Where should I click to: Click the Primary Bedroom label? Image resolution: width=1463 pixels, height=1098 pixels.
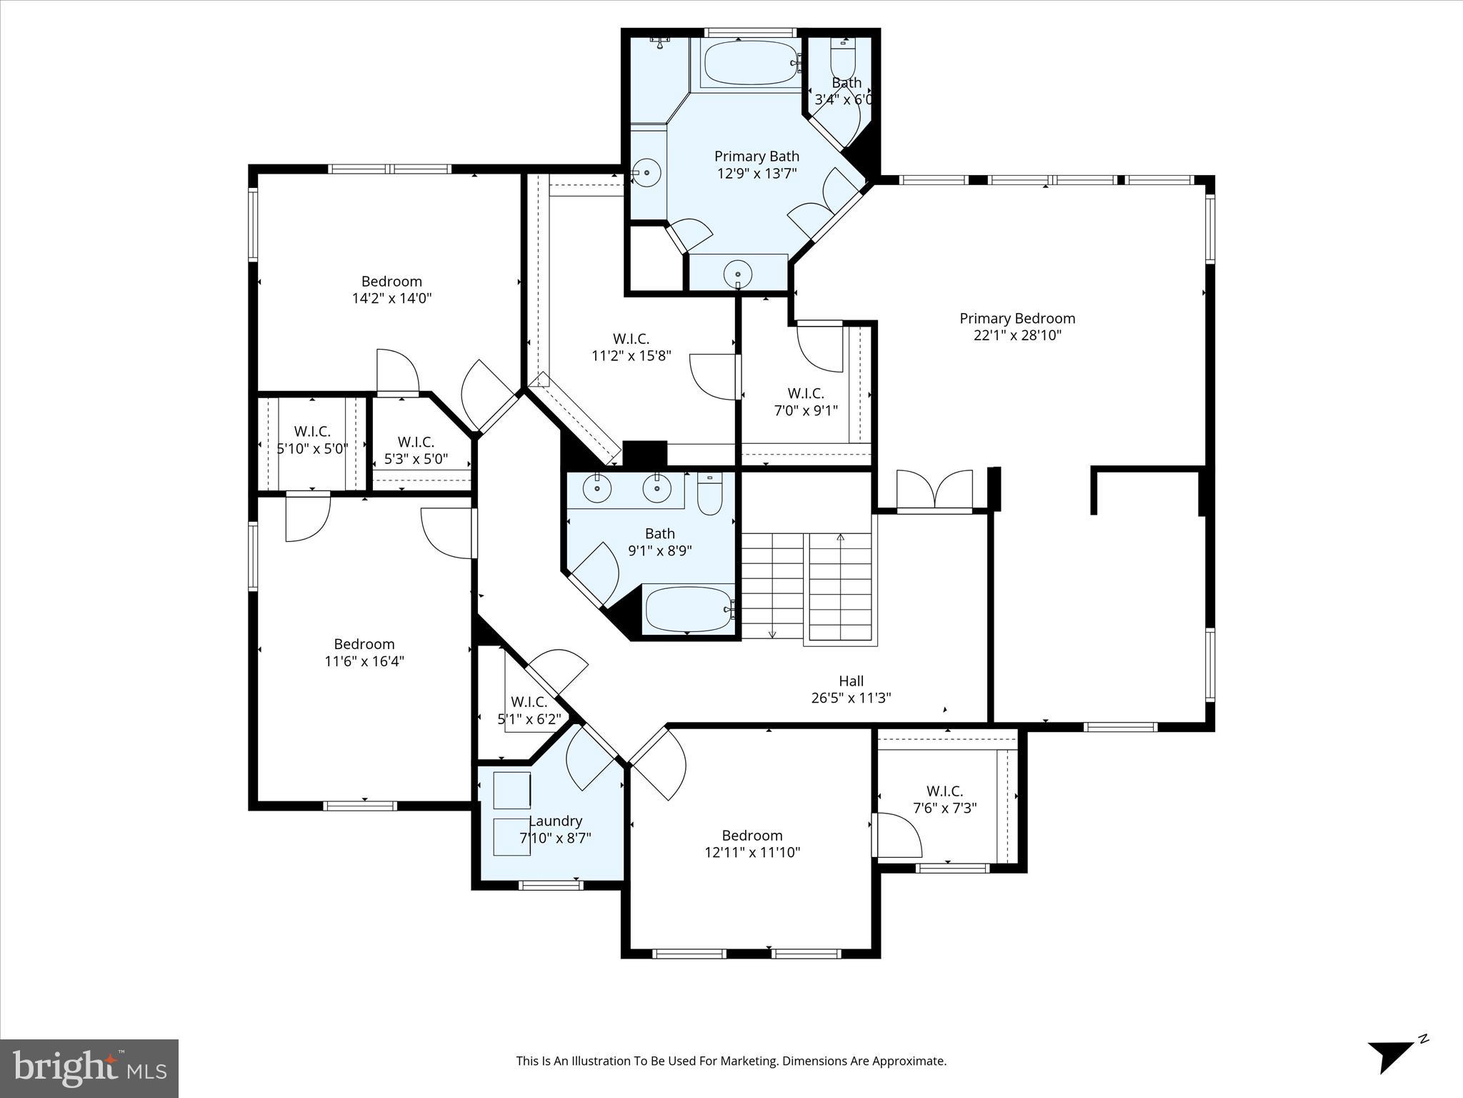coord(1017,319)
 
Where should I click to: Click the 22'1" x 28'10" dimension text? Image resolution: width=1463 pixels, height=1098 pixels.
coord(1017,336)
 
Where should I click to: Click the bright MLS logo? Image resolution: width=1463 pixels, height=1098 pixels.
coord(89,1068)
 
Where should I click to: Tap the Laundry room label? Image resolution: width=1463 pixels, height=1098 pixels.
coord(555,821)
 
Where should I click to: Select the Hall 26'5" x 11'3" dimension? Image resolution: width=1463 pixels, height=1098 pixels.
coord(851,698)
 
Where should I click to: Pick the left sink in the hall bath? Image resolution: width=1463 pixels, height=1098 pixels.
coord(596,489)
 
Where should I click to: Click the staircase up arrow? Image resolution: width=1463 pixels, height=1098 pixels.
coord(840,538)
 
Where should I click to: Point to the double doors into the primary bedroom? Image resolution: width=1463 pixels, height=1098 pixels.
coord(934,491)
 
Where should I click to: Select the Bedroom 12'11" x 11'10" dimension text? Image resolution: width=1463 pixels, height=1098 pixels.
coord(752,853)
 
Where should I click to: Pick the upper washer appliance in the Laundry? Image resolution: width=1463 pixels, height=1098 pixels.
coord(511,791)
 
